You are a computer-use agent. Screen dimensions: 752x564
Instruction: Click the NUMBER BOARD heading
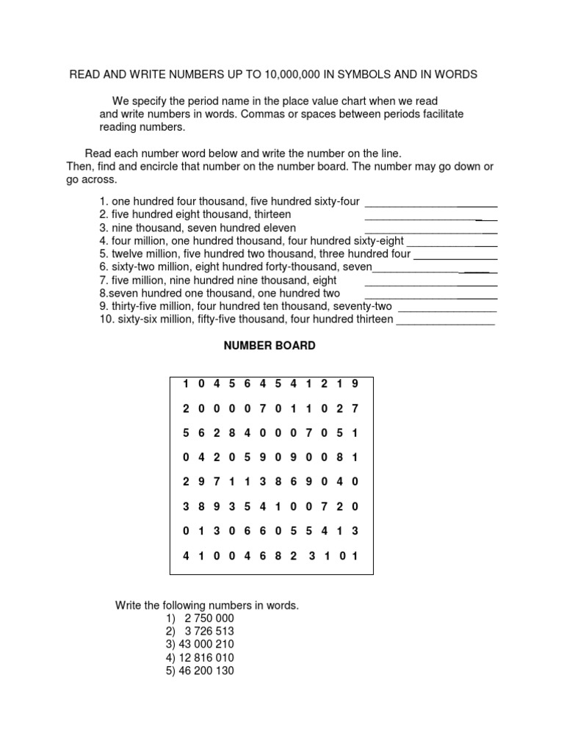[270, 346]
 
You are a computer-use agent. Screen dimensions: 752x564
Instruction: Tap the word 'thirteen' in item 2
[272, 214]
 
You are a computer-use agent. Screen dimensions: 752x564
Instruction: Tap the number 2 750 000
[204, 618]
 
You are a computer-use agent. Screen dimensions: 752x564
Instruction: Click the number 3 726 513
[204, 631]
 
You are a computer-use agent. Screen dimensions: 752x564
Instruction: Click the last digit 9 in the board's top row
[355, 383]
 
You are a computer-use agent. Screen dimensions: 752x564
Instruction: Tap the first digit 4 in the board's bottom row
[186, 556]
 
